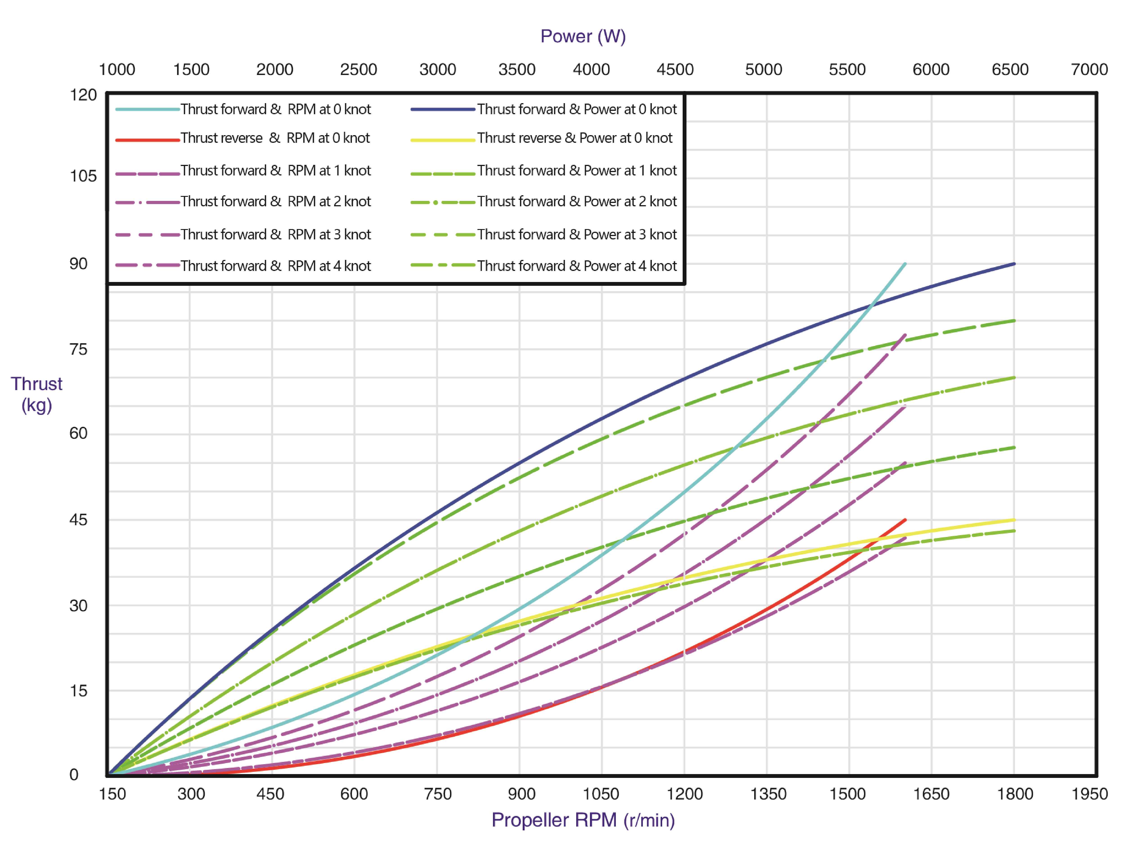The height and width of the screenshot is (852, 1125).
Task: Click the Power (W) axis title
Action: coord(583,36)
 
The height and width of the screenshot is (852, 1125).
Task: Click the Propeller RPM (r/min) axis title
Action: coord(583,820)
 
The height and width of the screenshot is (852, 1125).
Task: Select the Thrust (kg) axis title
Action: coord(37,394)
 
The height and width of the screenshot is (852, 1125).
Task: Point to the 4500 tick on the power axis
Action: coord(675,69)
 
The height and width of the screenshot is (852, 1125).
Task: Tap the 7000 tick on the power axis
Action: coord(1089,69)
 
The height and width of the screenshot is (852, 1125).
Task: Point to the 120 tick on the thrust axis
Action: coord(83,95)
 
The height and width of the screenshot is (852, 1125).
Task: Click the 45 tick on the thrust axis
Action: coord(78,520)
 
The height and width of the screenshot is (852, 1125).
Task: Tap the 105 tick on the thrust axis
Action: coord(83,176)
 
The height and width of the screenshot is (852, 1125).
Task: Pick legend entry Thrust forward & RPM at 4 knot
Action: coord(276,266)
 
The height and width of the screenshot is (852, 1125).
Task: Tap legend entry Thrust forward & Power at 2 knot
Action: coord(577,202)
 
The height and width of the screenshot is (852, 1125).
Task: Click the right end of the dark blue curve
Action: coord(1014,264)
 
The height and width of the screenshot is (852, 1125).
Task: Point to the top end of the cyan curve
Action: coord(905,264)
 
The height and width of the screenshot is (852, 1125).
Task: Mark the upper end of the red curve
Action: coord(905,520)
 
